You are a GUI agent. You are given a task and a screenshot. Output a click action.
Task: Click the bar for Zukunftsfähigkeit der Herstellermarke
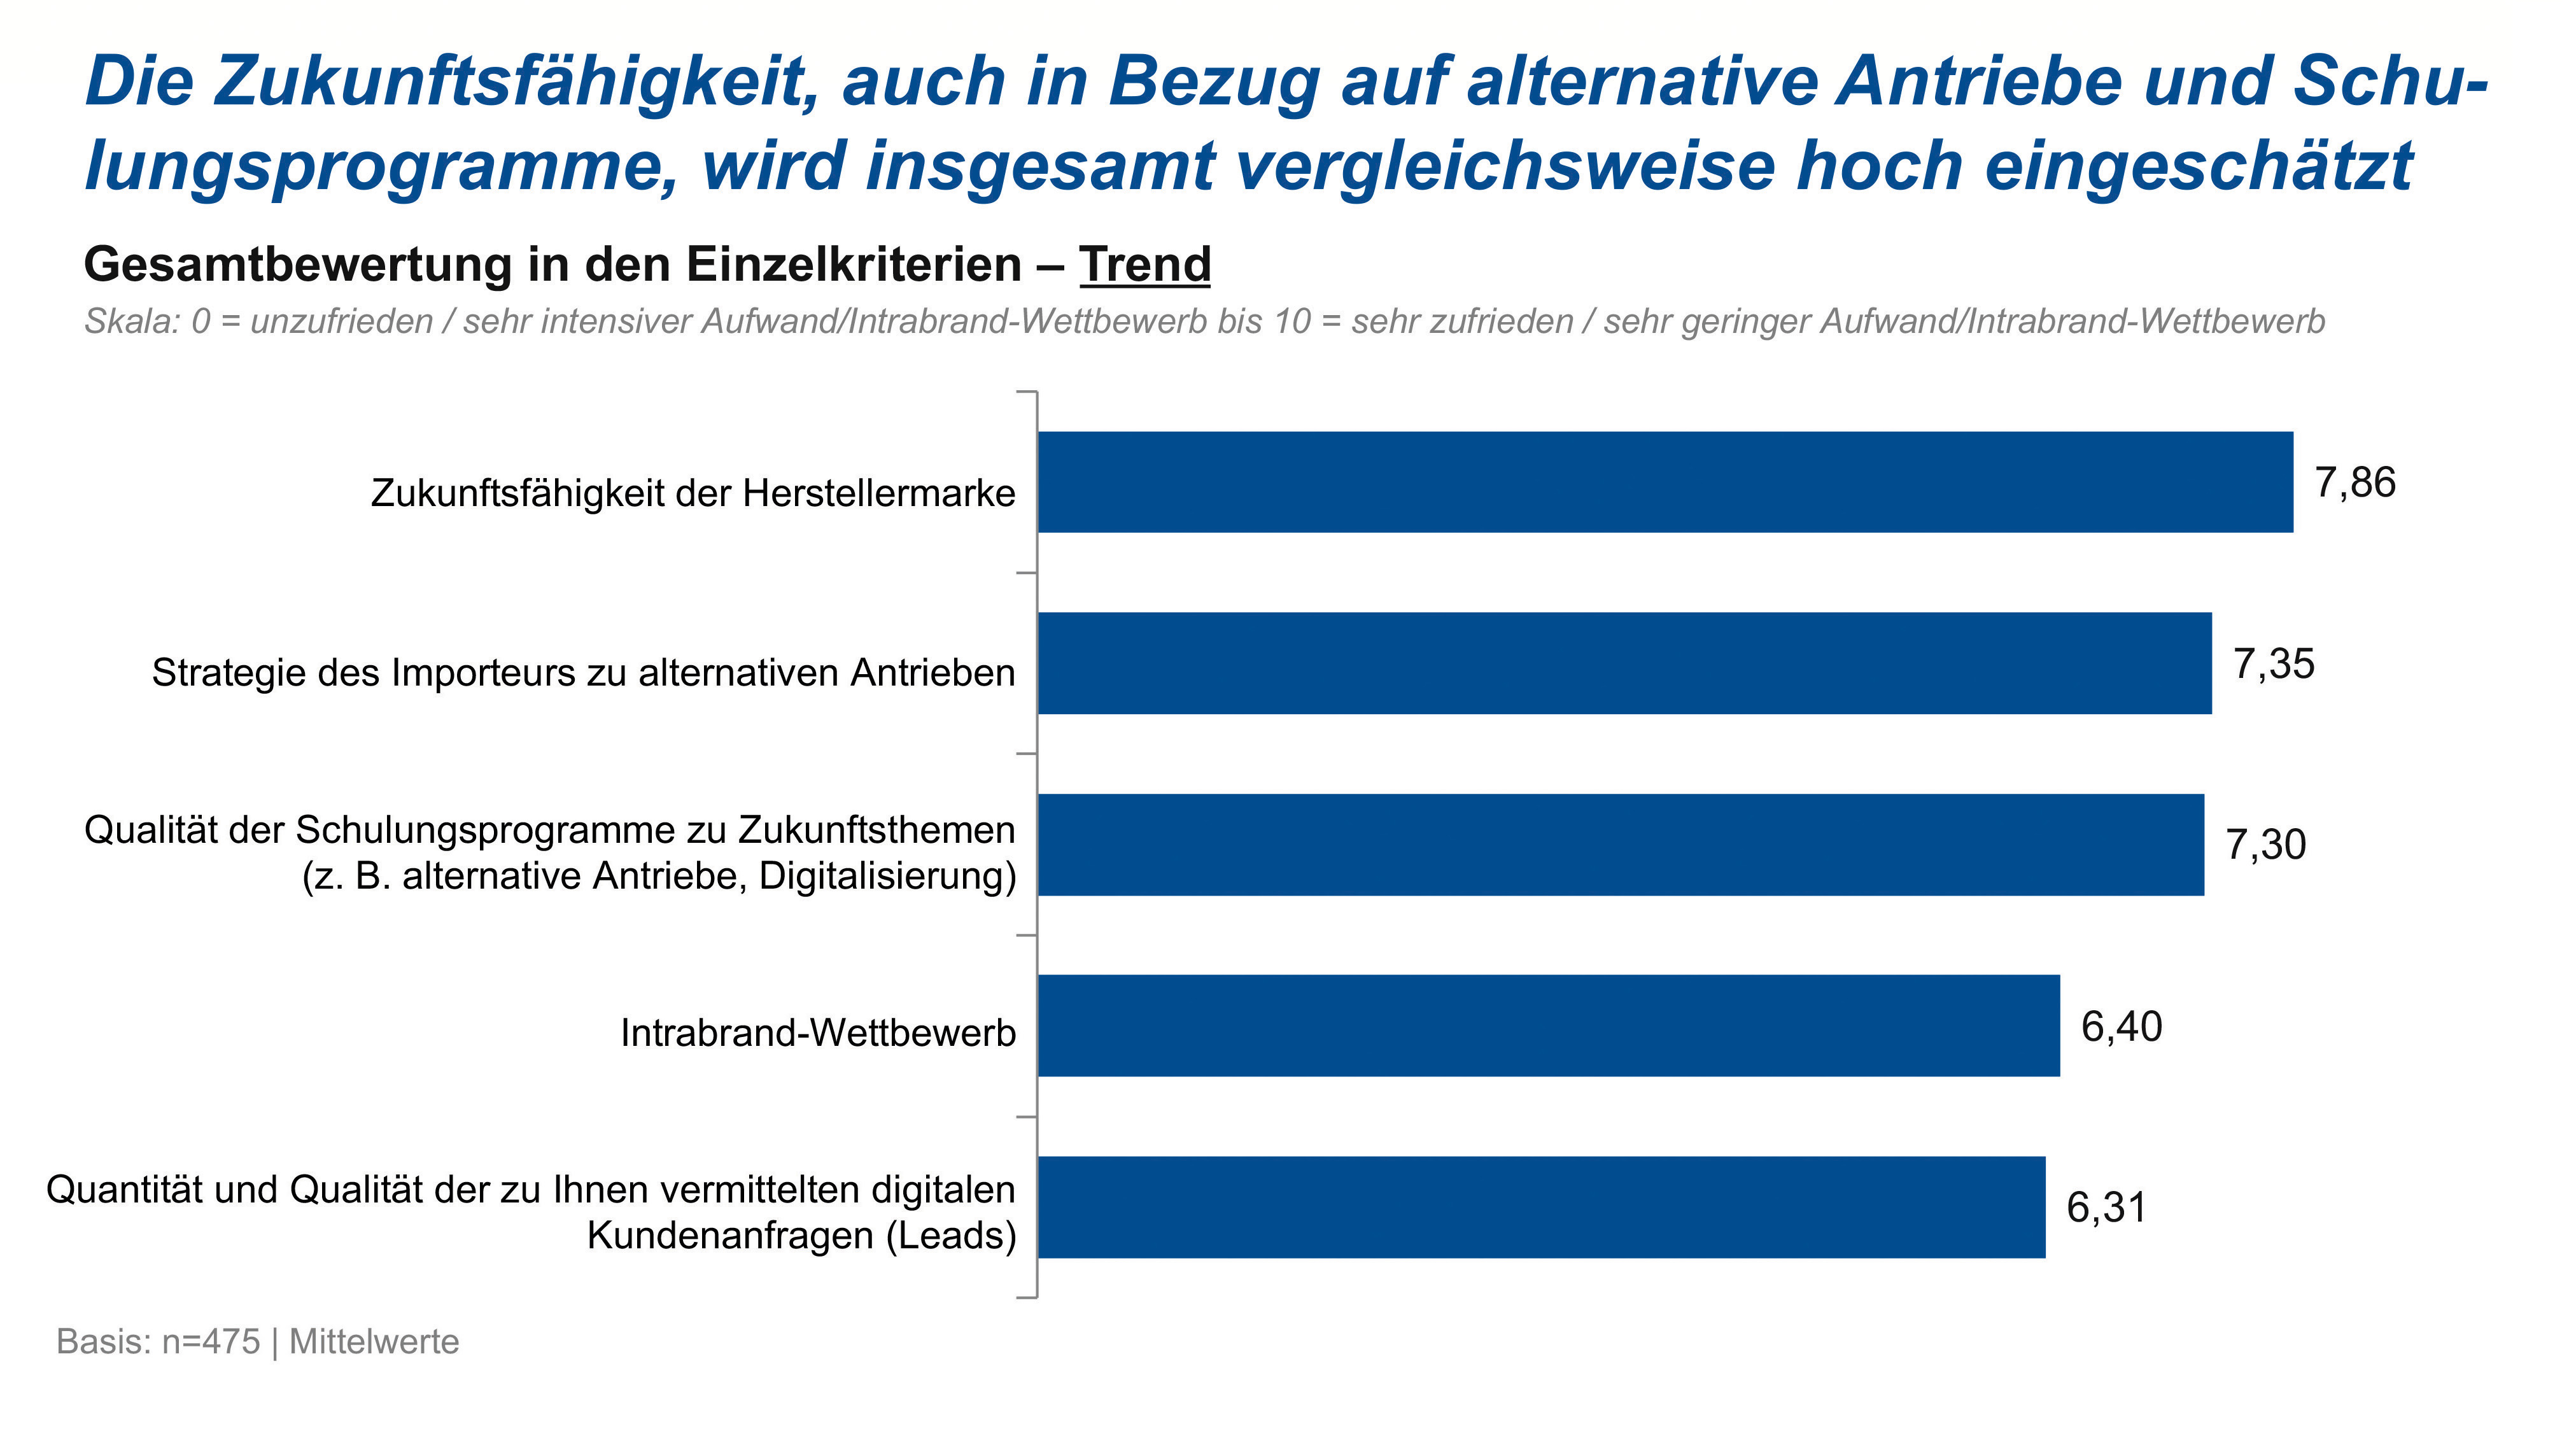pos(1665,483)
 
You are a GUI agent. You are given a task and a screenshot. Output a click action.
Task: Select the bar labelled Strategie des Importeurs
pos(1624,663)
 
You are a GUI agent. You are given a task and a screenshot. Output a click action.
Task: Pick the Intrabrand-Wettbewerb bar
pos(1549,1026)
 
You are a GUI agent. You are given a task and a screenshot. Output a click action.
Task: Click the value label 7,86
pos(2355,483)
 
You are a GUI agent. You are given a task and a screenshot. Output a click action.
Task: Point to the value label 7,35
pos(2274,665)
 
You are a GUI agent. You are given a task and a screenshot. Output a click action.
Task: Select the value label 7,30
pos(2265,845)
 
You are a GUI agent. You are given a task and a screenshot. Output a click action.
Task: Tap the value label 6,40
pos(2122,1026)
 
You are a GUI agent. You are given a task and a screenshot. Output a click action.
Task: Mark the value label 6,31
pos(2106,1208)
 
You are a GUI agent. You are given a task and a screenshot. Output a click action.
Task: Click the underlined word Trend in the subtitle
pos(1144,265)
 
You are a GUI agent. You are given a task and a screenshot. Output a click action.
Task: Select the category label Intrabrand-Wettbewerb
pos(817,1033)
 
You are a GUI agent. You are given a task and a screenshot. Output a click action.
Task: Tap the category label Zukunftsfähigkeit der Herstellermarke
pos(693,493)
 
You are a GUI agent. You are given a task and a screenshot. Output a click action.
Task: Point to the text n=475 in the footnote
pos(211,1341)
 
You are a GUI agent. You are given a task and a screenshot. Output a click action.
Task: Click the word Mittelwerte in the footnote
pos(374,1341)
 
